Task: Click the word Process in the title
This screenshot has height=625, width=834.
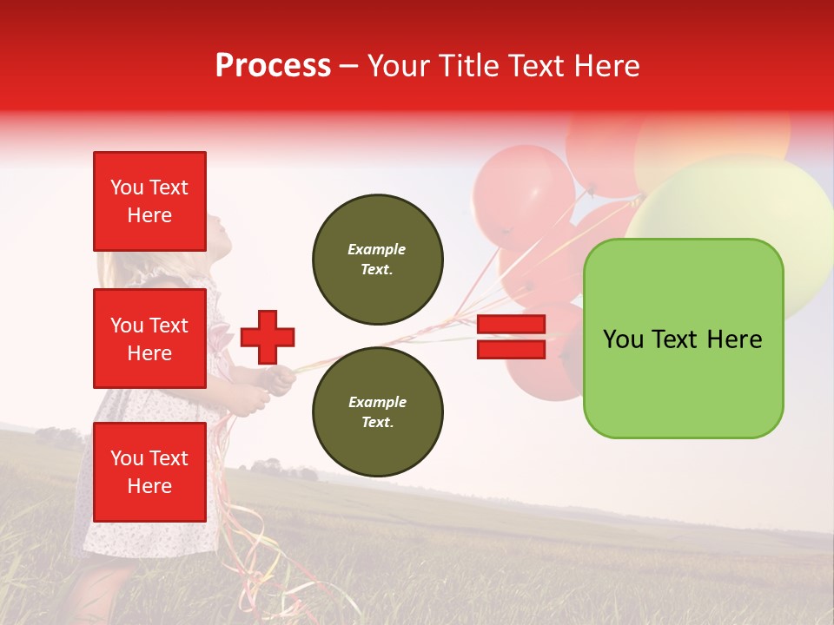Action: click(273, 66)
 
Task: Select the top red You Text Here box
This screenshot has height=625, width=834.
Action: click(149, 201)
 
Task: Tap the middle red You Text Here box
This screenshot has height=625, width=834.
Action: click(149, 339)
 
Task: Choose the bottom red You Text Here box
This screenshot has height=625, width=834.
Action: click(149, 472)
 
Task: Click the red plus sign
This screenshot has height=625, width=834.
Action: click(268, 337)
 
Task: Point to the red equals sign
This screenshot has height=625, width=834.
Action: click(511, 337)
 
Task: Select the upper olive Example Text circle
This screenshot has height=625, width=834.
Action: click(378, 260)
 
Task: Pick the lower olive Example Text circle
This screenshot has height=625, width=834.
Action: click(378, 411)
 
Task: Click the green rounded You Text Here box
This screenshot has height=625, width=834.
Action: click(683, 339)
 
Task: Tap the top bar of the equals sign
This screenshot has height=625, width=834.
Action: click(511, 325)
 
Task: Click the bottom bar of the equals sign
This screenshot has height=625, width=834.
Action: click(511, 349)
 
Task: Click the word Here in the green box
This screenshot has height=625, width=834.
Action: click(734, 339)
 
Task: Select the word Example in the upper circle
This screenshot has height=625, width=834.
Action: click(377, 249)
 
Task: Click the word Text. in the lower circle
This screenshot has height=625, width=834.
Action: click(377, 422)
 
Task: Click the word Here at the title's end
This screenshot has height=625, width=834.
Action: click(609, 66)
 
